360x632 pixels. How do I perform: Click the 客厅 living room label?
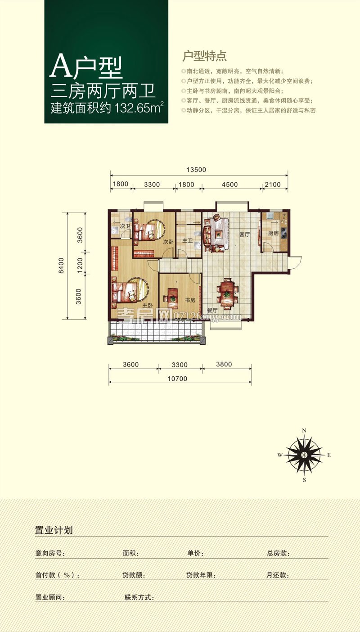pyautogui.click(x=244, y=234)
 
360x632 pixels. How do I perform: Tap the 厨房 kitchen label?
pyautogui.click(x=273, y=233)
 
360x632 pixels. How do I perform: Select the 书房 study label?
pyautogui.click(x=190, y=300)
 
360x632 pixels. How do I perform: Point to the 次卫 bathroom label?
pyautogui.click(x=125, y=226)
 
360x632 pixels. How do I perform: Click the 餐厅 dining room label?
pyautogui.click(x=212, y=310)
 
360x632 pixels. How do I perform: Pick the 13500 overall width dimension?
pyautogui.click(x=196, y=170)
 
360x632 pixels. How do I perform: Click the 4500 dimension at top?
pyautogui.click(x=229, y=185)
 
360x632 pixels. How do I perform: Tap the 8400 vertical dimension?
pyautogui.click(x=61, y=266)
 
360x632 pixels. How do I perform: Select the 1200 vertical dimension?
pyautogui.click(x=80, y=265)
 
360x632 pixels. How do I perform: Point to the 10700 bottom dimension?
pyautogui.click(x=177, y=379)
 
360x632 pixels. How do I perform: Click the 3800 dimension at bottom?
pyautogui.click(x=224, y=364)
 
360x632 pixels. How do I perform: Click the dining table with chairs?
pyautogui.click(x=227, y=293)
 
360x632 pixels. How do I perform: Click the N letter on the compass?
pyautogui.click(x=304, y=430)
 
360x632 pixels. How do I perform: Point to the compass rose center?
pyautogui.click(x=304, y=455)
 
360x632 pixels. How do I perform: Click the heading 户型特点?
pyautogui.click(x=204, y=56)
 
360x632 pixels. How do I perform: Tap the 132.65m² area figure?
pyautogui.click(x=139, y=108)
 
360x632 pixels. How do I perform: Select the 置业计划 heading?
pyautogui.click(x=54, y=530)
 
